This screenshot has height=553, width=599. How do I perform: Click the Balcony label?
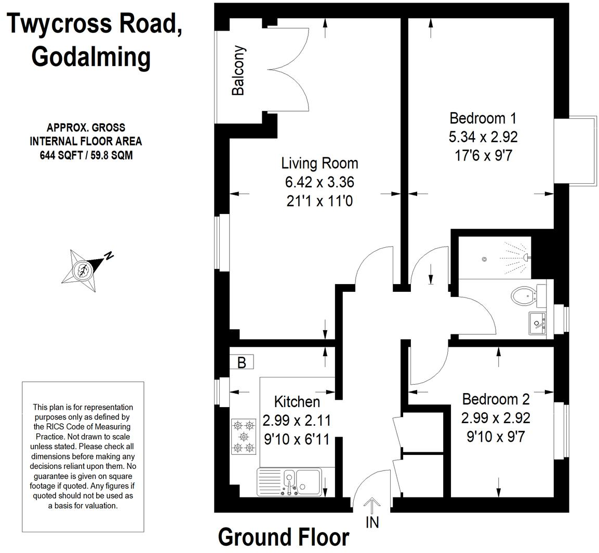pos(238,71)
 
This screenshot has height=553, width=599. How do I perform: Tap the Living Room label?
pos(320,163)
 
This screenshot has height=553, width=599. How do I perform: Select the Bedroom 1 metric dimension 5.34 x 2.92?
pos(483,137)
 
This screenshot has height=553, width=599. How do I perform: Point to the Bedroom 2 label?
pos(496,399)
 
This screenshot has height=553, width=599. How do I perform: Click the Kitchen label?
pos(297,401)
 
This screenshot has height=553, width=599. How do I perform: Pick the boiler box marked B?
pos(242,362)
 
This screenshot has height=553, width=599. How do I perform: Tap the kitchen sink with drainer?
pos(289,482)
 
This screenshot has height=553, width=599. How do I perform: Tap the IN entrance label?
pos(372,522)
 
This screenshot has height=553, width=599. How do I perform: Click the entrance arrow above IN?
pos(372,504)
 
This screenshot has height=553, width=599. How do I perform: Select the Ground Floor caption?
pos(284,537)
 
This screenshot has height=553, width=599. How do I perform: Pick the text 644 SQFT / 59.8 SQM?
pos(86,155)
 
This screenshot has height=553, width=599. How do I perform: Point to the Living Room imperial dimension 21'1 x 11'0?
pos(320,200)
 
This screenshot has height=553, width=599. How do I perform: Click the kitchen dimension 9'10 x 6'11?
pos(297,439)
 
